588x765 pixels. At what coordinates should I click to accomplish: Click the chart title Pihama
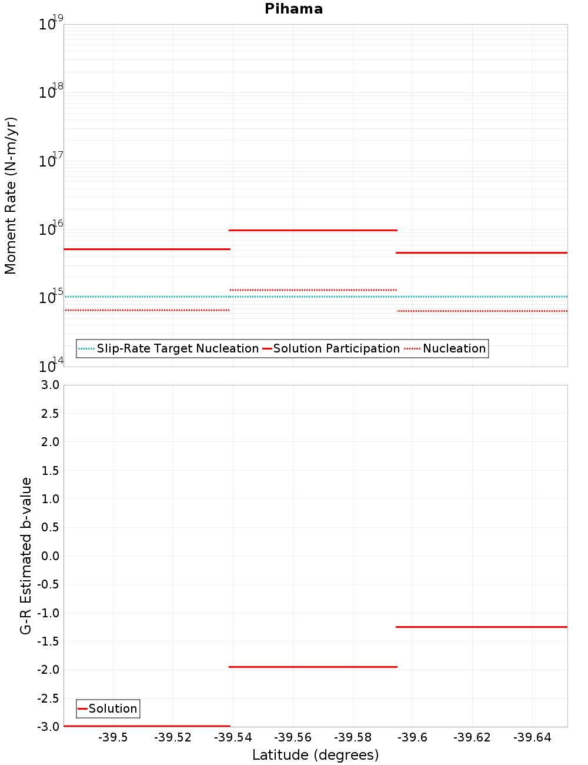pyautogui.click(x=293, y=9)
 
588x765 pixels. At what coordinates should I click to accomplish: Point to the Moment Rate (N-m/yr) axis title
pyautogui.click(x=11, y=195)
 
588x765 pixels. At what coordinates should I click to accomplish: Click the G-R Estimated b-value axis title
pyautogui.click(x=26, y=556)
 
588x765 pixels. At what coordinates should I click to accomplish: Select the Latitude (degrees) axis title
pyautogui.click(x=315, y=755)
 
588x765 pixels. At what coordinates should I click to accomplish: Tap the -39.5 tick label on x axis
pyautogui.click(x=113, y=737)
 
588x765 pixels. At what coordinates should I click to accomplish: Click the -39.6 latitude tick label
pyautogui.click(x=412, y=737)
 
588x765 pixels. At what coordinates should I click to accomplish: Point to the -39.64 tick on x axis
pyautogui.click(x=532, y=737)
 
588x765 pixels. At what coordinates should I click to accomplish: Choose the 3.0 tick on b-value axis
pyautogui.click(x=49, y=385)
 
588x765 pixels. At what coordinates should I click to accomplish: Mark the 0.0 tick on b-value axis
pyautogui.click(x=49, y=556)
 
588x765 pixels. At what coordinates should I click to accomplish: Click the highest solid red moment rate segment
pyautogui.click(x=313, y=230)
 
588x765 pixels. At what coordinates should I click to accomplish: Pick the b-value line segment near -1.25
pyautogui.click(x=482, y=627)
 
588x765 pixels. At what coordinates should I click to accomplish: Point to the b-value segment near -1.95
pyautogui.click(x=313, y=667)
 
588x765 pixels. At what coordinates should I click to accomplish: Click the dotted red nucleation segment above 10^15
pyautogui.click(x=313, y=290)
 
